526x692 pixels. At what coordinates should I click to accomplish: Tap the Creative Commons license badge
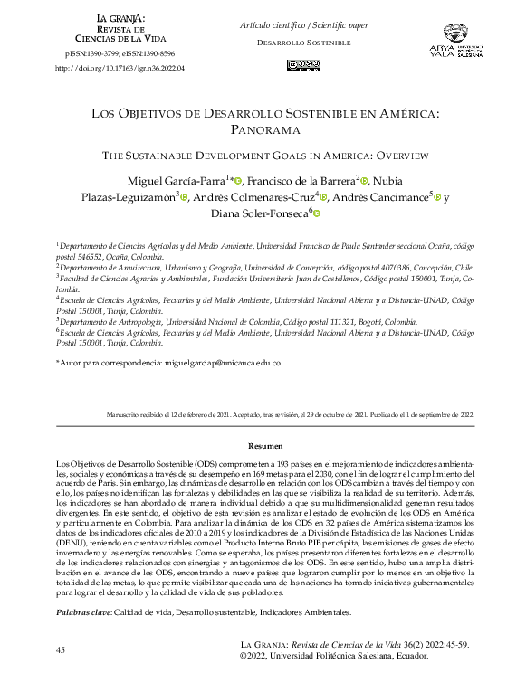(x=302, y=64)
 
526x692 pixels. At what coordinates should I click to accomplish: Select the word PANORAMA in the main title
(x=263, y=130)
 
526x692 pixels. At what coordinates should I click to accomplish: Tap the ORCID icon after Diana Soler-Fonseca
(x=318, y=214)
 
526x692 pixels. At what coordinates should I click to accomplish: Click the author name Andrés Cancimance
(x=382, y=198)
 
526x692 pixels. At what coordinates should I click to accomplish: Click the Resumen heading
(x=265, y=446)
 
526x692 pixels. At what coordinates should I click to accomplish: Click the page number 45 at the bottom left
(x=61, y=651)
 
